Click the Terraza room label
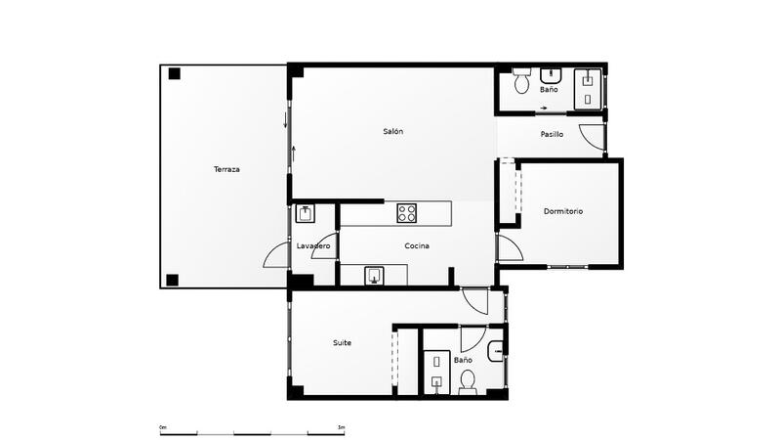coord(226,169)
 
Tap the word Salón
coord(393,131)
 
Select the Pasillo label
coord(551,134)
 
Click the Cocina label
coord(417,245)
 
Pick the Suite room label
coord(342,342)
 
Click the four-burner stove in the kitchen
coord(407,212)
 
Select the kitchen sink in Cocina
coord(374,276)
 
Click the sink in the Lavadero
coord(305,212)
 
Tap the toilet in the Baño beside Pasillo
coord(521,74)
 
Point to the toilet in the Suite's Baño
coord(467,381)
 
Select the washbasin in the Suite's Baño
coord(495,347)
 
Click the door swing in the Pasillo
coord(592,137)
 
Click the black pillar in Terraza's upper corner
coord(174,73)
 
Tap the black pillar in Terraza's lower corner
coord(173,280)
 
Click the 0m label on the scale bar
coord(164,427)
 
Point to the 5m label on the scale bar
coord(340,427)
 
